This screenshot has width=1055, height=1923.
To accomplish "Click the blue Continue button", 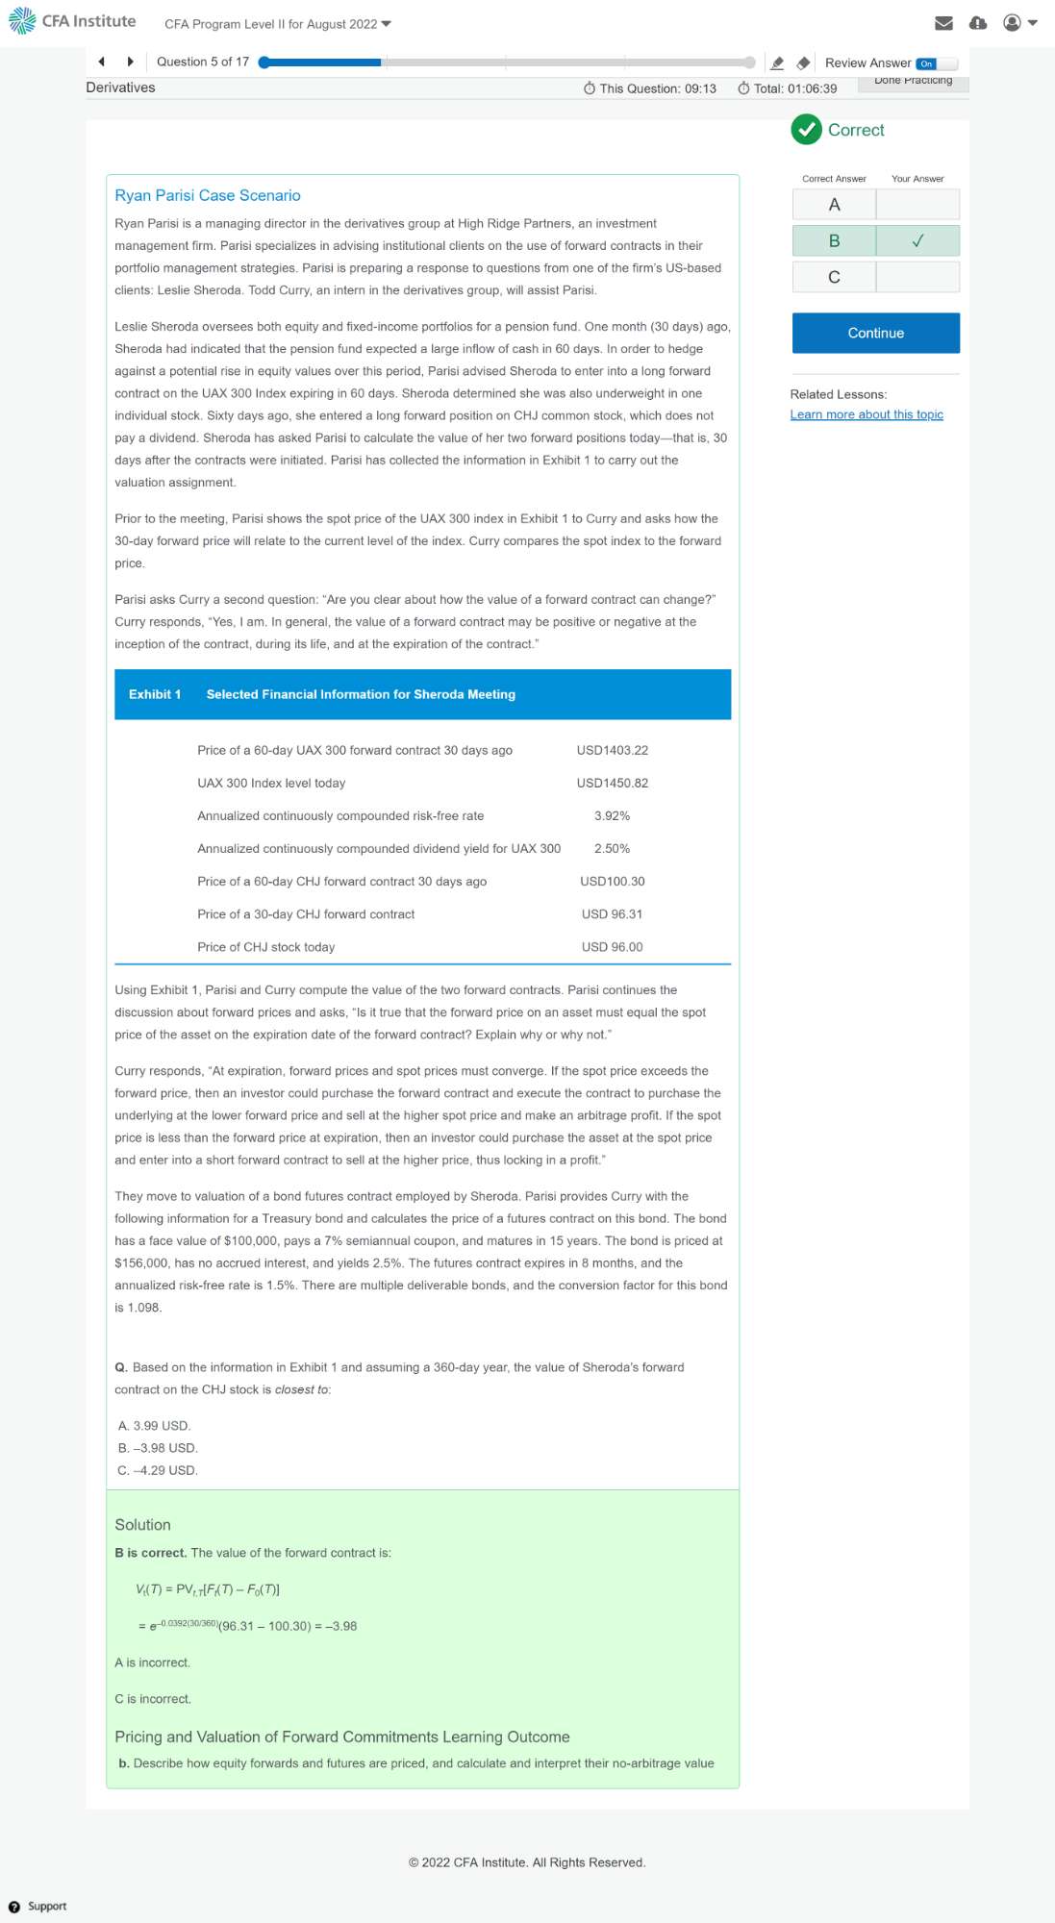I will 875,333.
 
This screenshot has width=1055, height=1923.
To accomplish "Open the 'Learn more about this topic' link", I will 867,414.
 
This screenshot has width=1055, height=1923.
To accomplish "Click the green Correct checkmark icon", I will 806,130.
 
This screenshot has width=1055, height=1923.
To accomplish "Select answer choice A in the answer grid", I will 834,205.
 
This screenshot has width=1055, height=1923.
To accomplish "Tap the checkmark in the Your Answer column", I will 917,241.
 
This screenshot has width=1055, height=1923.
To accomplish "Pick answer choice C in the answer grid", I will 834,277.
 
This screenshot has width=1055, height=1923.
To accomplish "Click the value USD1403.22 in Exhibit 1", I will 612,750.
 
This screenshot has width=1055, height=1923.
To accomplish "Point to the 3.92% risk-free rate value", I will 612,815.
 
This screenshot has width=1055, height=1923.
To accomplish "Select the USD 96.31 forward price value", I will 612,914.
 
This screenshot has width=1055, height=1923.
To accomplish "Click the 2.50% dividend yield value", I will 612,849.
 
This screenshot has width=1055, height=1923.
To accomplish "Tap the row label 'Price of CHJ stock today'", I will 266,947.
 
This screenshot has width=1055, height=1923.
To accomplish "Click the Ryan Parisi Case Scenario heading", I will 208,195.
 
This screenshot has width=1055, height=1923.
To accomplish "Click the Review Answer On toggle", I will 936,63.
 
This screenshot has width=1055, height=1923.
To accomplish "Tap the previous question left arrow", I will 102,62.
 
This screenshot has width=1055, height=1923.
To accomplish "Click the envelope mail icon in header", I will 943,23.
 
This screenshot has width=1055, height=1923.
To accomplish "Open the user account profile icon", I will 1012,23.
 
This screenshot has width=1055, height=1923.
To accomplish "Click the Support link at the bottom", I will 46,1906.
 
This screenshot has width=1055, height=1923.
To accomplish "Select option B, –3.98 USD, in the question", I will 158,1448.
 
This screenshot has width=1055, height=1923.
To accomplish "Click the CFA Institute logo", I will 72,21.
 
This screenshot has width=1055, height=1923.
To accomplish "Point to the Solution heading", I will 142,1525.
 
